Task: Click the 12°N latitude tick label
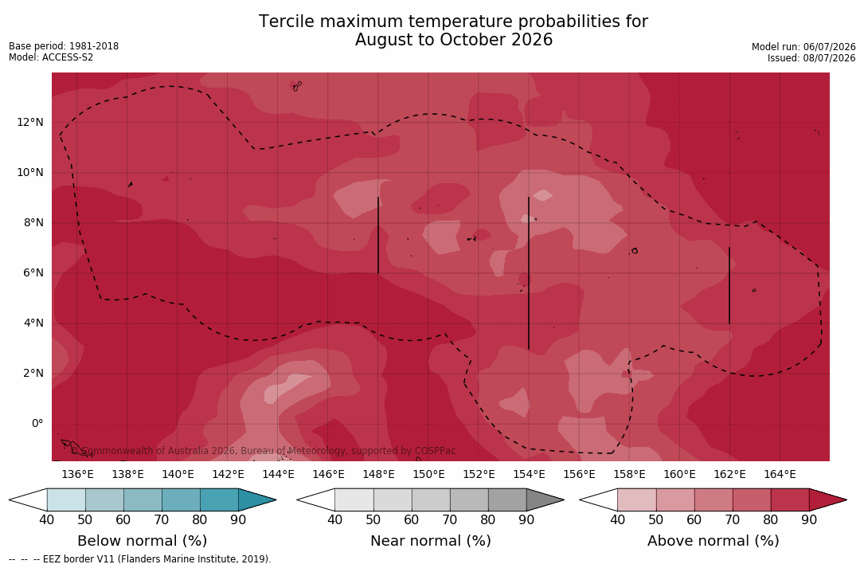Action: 29,122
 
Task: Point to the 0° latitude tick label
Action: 37,424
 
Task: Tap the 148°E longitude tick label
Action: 378,474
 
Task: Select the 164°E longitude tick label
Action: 780,474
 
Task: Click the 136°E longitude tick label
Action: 78,474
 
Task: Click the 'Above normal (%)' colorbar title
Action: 713,541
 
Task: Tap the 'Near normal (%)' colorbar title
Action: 430,541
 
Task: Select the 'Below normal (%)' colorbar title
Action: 143,541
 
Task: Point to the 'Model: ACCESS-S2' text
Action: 51,57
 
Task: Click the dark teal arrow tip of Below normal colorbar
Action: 275,500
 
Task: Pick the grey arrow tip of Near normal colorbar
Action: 562,500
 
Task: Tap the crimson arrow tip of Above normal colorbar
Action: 845,500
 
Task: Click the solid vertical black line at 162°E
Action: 729,286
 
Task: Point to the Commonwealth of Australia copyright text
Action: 264,451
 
